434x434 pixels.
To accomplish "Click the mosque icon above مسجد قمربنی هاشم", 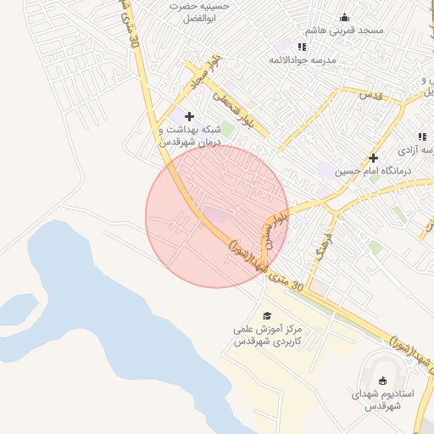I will (x=345, y=17).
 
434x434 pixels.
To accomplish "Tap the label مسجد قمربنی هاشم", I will (x=347, y=31).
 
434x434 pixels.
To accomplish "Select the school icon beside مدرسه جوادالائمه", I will (x=302, y=47).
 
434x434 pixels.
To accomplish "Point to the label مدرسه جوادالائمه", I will (x=303, y=60).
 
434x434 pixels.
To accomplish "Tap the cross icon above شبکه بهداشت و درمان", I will (x=188, y=115).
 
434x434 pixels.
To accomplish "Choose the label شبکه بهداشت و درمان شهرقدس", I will (x=190, y=136).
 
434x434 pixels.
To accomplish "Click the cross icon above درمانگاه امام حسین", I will (x=373, y=157).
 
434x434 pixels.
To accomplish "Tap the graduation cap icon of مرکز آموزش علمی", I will (x=268, y=314).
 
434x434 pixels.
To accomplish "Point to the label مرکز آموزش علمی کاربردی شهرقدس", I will (x=269, y=337).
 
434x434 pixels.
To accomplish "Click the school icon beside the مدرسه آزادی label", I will (x=421, y=136).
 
